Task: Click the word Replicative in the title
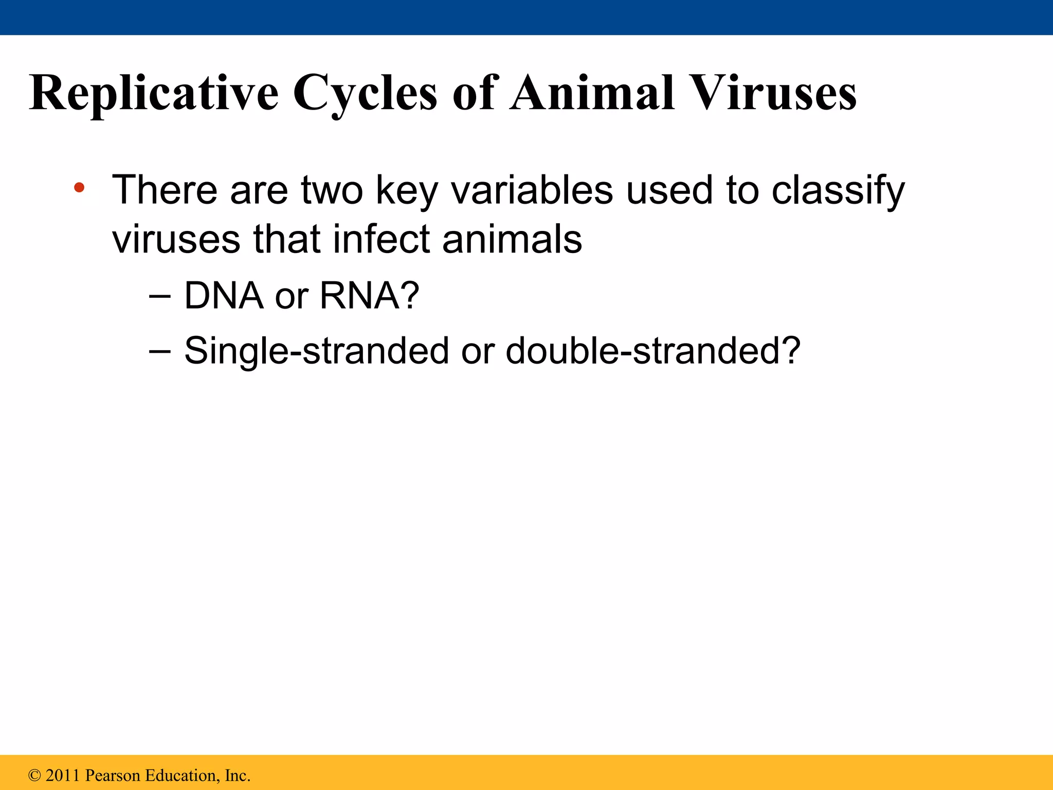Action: [153, 94]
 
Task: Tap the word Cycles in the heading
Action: [365, 94]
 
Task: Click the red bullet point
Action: [79, 188]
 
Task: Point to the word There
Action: [165, 190]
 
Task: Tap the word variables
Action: [532, 190]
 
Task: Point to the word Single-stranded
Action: [317, 351]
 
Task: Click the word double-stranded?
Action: [653, 351]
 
